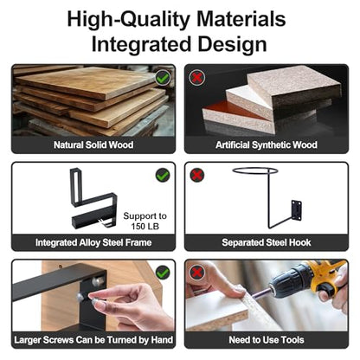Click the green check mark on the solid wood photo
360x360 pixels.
coord(163,78)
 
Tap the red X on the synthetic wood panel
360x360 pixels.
coord(197,77)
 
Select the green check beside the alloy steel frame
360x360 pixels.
coord(163,175)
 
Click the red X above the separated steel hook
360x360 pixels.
coord(197,175)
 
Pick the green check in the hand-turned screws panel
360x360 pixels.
coord(163,273)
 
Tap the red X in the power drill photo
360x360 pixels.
coord(197,273)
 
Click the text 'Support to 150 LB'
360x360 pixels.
coord(145,221)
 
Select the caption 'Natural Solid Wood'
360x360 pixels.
coord(93,145)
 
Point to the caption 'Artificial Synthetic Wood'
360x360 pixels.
coord(267,145)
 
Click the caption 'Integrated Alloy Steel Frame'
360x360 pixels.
coord(93,242)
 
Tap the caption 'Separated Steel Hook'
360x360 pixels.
coord(267,242)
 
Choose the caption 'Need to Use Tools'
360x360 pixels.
coord(267,340)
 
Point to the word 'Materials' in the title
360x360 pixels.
coord(241,19)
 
